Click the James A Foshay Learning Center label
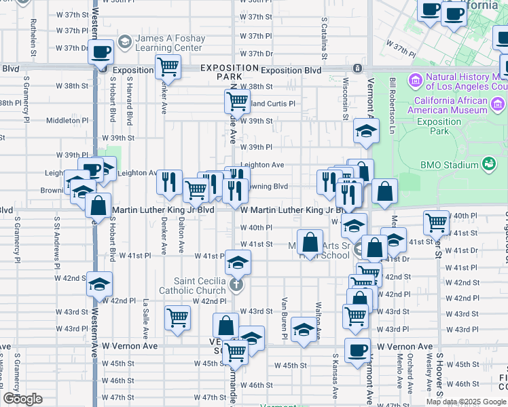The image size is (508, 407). click(169, 43)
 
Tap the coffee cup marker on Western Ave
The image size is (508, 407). click(102, 52)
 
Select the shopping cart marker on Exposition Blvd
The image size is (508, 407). click(167, 68)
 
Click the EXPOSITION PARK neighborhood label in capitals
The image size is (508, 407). click(230, 73)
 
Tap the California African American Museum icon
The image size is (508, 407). click(498, 104)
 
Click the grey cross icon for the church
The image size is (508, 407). click(236, 284)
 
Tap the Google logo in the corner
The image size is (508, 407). click(22, 399)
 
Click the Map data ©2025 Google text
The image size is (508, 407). click(465, 401)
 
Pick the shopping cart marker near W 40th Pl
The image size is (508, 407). click(436, 222)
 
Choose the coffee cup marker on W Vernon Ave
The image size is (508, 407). click(357, 351)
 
